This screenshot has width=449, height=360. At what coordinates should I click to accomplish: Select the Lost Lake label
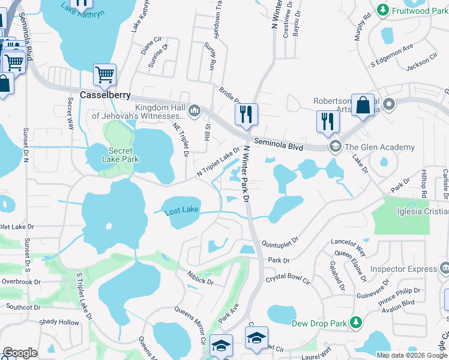(x=182, y=209)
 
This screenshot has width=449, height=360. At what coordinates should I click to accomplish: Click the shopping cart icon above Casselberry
(x=104, y=75)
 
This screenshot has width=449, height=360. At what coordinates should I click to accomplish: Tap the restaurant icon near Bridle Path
(x=246, y=113)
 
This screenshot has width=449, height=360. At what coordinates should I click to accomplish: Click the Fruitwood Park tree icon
(x=382, y=10)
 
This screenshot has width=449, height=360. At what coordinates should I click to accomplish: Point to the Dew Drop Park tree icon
(x=355, y=323)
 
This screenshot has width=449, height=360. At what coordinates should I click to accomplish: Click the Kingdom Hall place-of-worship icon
(x=194, y=111)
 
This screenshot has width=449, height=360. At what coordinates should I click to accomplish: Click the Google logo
(x=20, y=353)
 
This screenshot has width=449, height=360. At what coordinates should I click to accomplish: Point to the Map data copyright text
(x=411, y=355)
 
